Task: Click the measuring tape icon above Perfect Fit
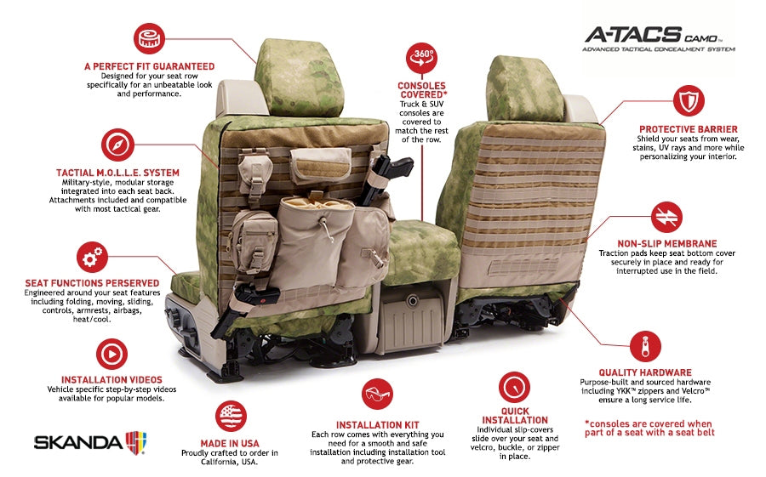[x=149, y=38]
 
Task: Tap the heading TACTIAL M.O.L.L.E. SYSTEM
[x=117, y=173]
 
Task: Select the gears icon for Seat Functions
[x=91, y=257]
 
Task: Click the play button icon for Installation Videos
[x=111, y=353]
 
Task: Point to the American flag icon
[x=231, y=416]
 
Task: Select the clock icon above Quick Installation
[x=514, y=387]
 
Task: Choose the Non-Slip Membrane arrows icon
[x=666, y=217]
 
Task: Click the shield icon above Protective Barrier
[x=689, y=100]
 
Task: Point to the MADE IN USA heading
[x=231, y=443]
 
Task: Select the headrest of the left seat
[x=303, y=78]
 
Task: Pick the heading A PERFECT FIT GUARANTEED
[x=149, y=65]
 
